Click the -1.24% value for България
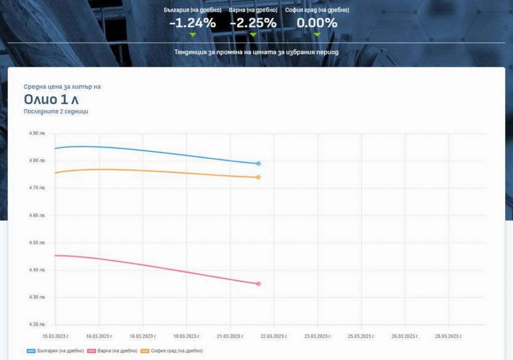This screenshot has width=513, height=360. (x=192, y=23)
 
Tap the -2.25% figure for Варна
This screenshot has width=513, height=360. (x=253, y=23)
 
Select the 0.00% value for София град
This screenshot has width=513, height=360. (x=317, y=23)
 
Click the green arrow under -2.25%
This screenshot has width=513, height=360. (x=253, y=35)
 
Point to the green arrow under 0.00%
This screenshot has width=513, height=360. (x=317, y=35)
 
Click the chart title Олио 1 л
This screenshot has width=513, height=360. (x=51, y=99)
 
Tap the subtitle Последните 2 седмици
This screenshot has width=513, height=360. (x=56, y=111)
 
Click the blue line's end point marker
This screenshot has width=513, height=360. (x=259, y=163)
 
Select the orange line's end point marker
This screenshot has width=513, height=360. (x=259, y=177)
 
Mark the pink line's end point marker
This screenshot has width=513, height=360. (x=259, y=284)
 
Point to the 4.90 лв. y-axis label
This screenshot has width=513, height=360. (x=38, y=133)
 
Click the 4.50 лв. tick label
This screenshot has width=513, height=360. (x=38, y=243)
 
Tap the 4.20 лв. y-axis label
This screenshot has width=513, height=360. (x=38, y=324)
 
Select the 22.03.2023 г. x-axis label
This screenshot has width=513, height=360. (x=274, y=336)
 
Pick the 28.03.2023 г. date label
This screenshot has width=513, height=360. (x=448, y=336)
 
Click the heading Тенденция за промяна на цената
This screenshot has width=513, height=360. (x=256, y=52)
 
